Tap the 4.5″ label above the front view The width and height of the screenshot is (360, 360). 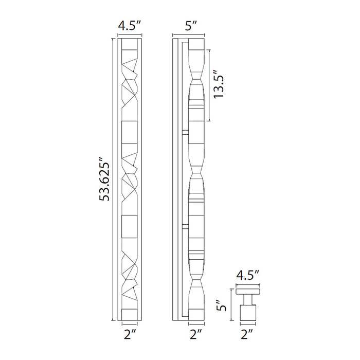pos(130,25)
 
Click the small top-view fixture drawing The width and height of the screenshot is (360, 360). pos(248,306)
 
